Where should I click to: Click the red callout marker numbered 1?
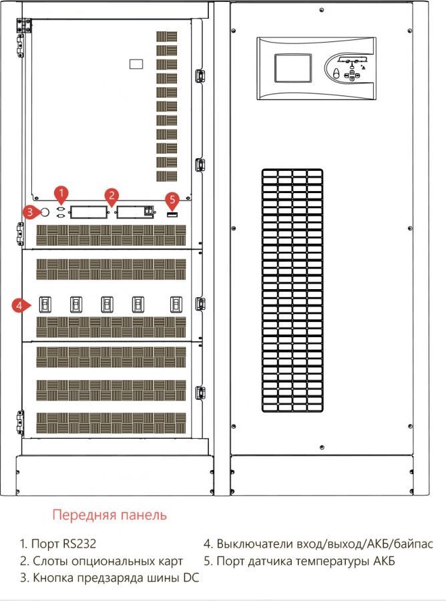(x=61, y=194)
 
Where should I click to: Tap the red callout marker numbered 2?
(x=112, y=195)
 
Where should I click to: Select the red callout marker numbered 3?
(x=29, y=212)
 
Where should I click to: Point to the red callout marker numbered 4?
(x=21, y=305)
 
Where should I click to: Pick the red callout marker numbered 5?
(x=172, y=199)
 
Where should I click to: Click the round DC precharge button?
(x=45, y=212)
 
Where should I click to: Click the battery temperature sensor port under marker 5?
(x=172, y=213)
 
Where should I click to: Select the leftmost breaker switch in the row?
(x=45, y=305)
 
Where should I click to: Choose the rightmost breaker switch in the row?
(x=176, y=305)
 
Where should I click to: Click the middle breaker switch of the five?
(x=107, y=305)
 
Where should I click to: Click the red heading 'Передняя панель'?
(x=109, y=515)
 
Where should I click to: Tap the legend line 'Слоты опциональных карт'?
(x=101, y=561)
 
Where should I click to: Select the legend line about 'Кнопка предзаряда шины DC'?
(x=109, y=578)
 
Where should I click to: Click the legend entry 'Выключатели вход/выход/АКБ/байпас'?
(x=318, y=544)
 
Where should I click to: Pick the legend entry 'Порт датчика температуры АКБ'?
(x=300, y=561)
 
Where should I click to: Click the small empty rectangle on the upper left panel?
(x=136, y=65)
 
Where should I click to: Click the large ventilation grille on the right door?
(x=291, y=290)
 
